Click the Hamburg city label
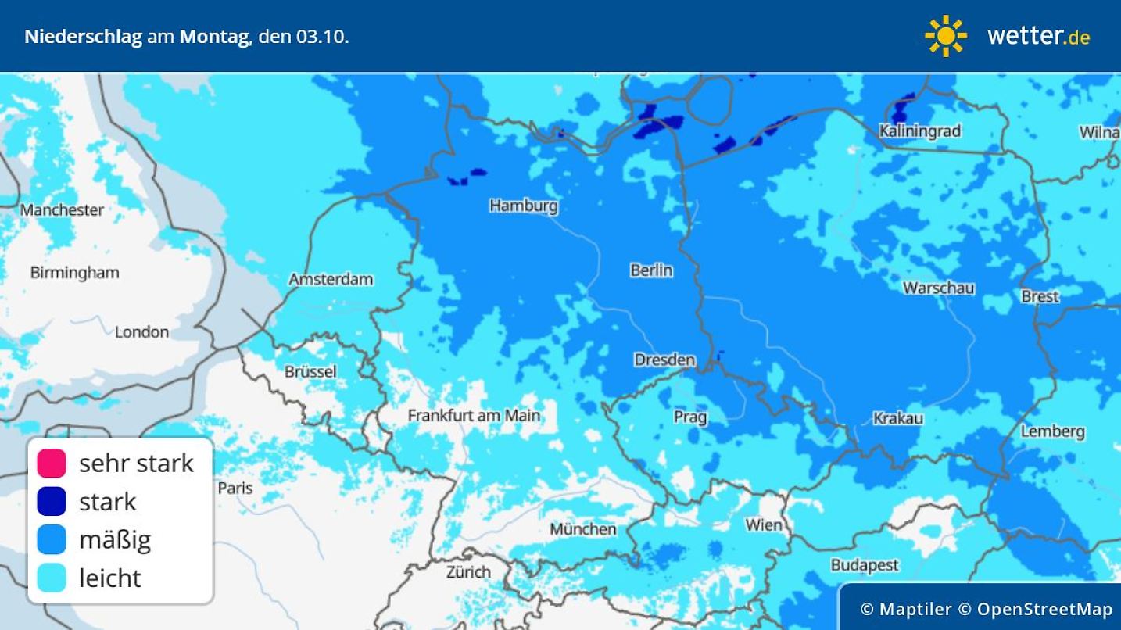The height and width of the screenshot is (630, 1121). (523, 206)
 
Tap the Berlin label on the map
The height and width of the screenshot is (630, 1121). (650, 270)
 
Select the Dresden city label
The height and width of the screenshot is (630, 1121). (664, 360)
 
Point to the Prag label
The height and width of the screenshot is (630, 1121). (689, 417)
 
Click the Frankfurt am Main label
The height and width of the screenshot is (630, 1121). (474, 415)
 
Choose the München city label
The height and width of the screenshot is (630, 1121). (582, 529)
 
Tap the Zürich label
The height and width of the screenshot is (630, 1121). (468, 571)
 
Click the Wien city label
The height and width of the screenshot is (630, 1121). (763, 524)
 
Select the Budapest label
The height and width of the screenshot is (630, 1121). (864, 564)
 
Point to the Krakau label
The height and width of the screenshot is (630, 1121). (897, 418)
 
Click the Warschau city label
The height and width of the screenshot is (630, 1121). (938, 288)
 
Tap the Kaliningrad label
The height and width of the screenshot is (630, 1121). (919, 131)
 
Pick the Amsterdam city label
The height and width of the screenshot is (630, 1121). (331, 279)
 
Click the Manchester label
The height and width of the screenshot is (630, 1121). (62, 209)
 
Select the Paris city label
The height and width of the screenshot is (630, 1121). (235, 488)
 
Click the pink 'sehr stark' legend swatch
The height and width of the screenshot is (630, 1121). (52, 463)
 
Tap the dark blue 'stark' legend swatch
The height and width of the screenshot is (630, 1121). (52, 501)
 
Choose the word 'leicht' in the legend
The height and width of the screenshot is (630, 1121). (109, 578)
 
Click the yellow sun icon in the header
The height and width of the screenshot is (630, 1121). (945, 36)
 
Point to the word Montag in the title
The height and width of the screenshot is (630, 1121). (213, 37)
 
